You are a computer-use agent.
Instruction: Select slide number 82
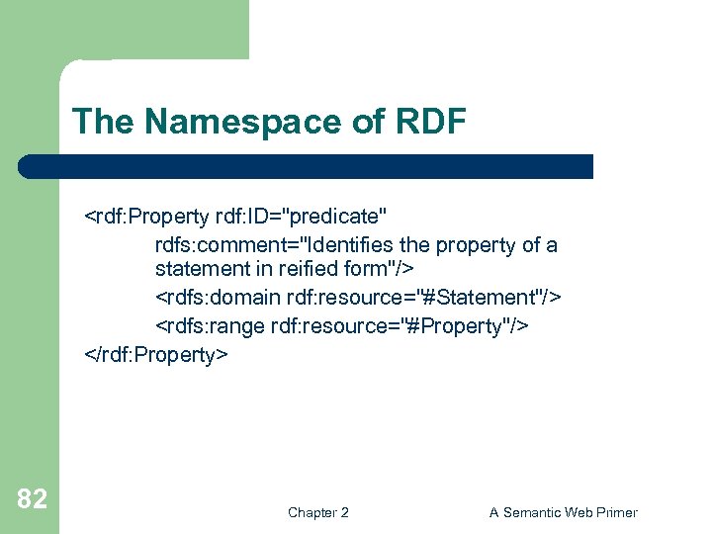click(x=32, y=499)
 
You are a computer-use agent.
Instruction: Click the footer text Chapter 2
click(x=317, y=512)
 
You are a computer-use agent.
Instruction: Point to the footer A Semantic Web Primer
click(x=563, y=512)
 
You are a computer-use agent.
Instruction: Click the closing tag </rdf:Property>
click(x=157, y=354)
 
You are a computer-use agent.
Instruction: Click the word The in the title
click(x=94, y=122)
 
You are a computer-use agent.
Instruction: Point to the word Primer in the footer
click(x=615, y=512)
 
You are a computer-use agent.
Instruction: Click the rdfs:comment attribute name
click(x=213, y=244)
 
